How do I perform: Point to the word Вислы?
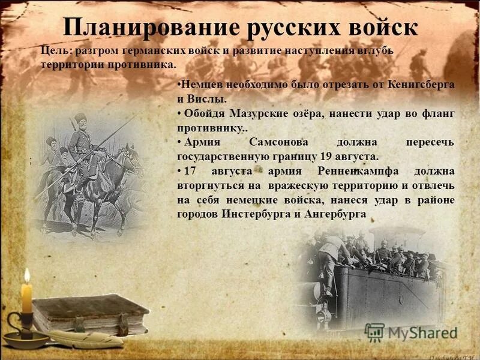pos(207,98)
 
